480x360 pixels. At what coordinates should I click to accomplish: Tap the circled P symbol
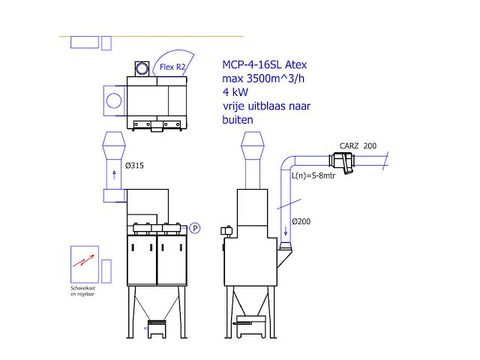click(x=194, y=228)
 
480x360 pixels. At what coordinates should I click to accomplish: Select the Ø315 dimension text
click(x=135, y=165)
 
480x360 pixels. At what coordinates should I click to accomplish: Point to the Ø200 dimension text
click(x=301, y=221)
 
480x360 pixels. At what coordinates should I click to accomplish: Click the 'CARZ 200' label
click(x=358, y=146)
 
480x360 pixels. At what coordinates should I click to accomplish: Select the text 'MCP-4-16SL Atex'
click(x=265, y=64)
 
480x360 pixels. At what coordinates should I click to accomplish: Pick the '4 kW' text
click(x=235, y=92)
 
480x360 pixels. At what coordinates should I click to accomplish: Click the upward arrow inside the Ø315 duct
click(x=114, y=175)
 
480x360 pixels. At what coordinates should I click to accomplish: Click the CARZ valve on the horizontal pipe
click(x=341, y=160)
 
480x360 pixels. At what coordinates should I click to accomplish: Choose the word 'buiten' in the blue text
click(x=238, y=119)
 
